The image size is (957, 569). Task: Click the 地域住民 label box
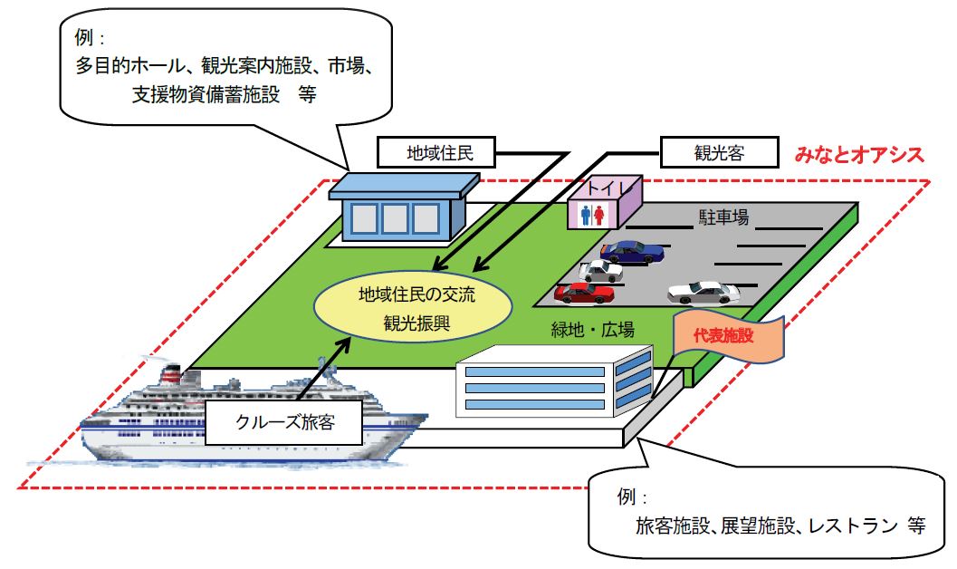(x=439, y=153)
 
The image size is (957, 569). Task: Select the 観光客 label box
(x=719, y=152)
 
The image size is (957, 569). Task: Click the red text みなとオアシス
(x=859, y=154)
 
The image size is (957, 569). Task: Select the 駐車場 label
(x=723, y=218)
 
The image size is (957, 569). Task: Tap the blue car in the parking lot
(x=633, y=251)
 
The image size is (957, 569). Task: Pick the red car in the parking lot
(x=585, y=292)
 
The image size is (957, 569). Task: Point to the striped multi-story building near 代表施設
(x=552, y=388)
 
